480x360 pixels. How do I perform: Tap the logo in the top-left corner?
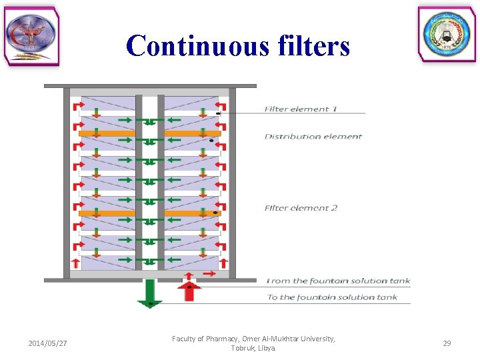pyautogui.click(x=31, y=36)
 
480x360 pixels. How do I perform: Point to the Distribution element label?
pyautogui.click(x=313, y=137)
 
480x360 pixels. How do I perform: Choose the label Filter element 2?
pyautogui.click(x=301, y=208)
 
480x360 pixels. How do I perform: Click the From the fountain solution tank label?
pyautogui.click(x=338, y=281)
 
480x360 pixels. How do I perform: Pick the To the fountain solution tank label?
pyautogui.click(x=332, y=297)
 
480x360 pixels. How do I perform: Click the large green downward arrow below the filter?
pyautogui.click(x=150, y=293)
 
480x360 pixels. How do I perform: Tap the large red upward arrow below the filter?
pyautogui.click(x=189, y=291)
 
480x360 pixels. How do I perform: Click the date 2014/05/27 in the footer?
pyautogui.click(x=48, y=343)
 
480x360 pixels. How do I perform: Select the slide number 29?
pyautogui.click(x=447, y=343)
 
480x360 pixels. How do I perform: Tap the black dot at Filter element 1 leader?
pyautogui.click(x=218, y=115)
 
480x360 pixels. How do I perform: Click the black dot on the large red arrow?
pyautogui.click(x=189, y=287)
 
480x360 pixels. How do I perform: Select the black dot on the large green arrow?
pyautogui.click(x=151, y=303)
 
